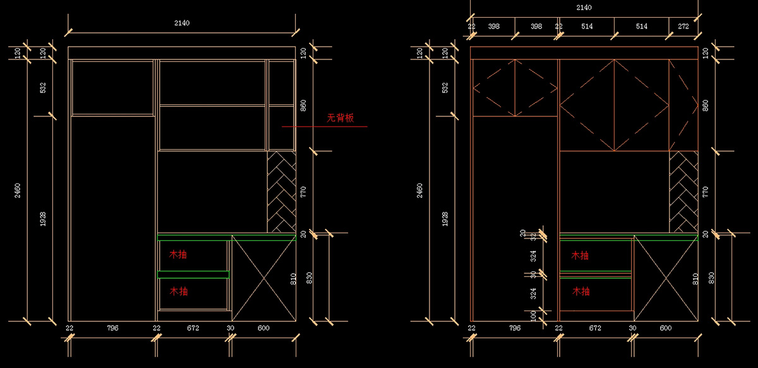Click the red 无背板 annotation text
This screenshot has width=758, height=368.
click(x=340, y=118)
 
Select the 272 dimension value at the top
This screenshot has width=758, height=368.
click(x=683, y=27)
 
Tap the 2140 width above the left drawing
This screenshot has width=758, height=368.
click(x=182, y=23)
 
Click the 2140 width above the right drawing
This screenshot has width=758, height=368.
click(x=584, y=8)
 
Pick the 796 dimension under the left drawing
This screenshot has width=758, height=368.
click(x=112, y=328)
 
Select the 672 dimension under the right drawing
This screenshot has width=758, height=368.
click(x=596, y=328)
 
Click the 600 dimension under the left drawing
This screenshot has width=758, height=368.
click(x=263, y=328)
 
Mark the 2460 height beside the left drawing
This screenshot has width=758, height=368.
click(x=18, y=190)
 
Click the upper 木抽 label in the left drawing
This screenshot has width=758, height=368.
click(x=177, y=255)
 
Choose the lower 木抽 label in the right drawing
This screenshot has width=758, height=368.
click(x=581, y=291)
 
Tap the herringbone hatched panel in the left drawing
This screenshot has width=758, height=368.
click(x=281, y=192)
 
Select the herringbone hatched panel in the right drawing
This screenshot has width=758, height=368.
click(x=683, y=192)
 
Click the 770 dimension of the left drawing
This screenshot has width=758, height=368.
click(x=303, y=192)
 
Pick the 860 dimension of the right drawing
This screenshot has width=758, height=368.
click(x=706, y=105)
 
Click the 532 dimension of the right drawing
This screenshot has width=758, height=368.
click(x=445, y=87)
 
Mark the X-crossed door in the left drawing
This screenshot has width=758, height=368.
click(x=263, y=278)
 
